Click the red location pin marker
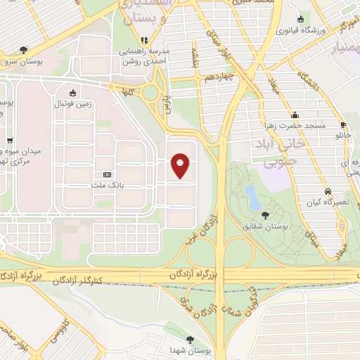click(181, 166)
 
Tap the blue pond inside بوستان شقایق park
click(251, 191)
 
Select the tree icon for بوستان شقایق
click(266, 215)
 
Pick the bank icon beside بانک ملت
click(107, 174)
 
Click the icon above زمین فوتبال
click(72, 93)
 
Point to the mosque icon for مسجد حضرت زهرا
click(295, 115)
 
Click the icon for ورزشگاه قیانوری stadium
click(301, 19)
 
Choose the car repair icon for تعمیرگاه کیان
click(328, 191)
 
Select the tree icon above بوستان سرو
click(24, 49)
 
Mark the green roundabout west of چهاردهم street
click(150, 92)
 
